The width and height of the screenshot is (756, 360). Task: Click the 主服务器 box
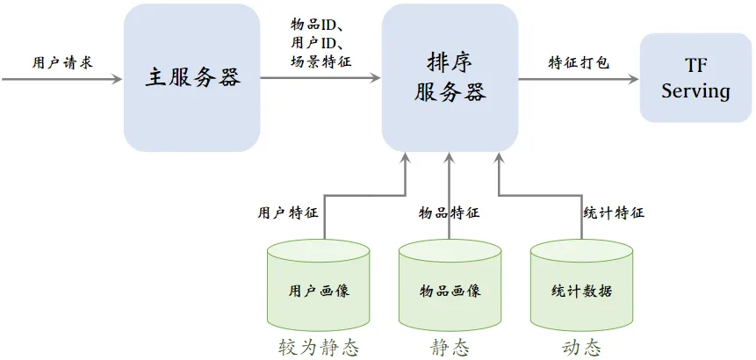point(192,78)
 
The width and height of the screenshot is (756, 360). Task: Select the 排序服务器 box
point(450,78)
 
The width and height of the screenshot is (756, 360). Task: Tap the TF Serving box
point(695,77)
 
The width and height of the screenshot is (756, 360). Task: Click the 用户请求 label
point(62,62)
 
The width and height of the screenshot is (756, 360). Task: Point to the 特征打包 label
point(579,62)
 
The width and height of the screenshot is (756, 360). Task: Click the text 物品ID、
point(316,24)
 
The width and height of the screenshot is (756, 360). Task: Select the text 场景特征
point(321,61)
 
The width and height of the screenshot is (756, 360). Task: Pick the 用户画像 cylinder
point(318,285)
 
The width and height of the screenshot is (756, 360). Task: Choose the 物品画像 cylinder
point(450,285)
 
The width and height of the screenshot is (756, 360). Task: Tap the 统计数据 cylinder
point(581,285)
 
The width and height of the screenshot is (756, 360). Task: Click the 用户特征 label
point(288,213)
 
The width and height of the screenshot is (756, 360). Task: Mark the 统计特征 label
point(614,212)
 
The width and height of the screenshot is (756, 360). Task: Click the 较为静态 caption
point(319,348)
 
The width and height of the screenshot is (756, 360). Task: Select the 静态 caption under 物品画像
point(450,348)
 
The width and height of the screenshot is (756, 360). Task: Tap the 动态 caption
point(581,348)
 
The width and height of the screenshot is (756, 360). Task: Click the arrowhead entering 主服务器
point(117,78)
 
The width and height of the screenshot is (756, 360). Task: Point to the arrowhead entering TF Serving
point(634,78)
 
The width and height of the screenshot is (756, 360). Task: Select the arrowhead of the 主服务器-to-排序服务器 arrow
point(376,77)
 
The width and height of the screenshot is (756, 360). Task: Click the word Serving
point(695,90)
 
